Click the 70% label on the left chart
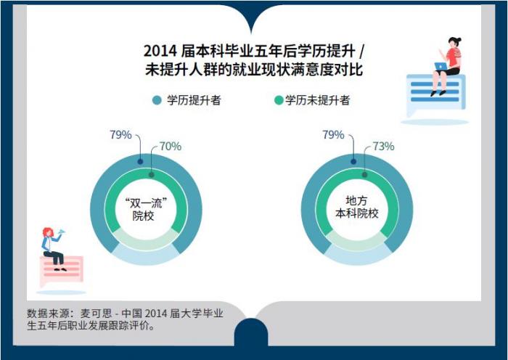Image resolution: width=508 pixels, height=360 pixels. [x=171, y=147]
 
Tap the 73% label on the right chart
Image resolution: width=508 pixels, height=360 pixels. [x=383, y=147]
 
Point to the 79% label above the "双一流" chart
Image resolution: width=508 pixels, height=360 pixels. [x=120, y=134]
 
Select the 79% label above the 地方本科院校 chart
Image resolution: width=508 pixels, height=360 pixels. [x=333, y=134]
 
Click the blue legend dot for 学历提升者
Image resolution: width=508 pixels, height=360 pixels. [x=157, y=100]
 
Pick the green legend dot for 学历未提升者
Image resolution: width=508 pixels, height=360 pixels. [x=279, y=100]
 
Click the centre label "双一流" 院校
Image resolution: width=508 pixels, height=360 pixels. [x=146, y=210]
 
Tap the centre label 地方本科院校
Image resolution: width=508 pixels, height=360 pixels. [x=357, y=208]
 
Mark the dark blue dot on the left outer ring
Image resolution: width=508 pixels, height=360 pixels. [x=140, y=161]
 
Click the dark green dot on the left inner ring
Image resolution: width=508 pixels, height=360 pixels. [x=151, y=175]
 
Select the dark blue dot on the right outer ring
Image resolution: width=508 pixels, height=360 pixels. [x=353, y=161]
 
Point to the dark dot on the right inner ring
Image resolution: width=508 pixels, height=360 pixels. [x=364, y=175]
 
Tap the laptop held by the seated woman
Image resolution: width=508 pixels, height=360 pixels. [x=441, y=66]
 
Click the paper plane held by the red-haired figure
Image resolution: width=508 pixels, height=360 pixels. [x=61, y=232]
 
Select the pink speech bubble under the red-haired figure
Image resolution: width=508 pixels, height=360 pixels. [x=62, y=271]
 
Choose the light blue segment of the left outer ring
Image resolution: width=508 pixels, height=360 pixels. [x=146, y=257]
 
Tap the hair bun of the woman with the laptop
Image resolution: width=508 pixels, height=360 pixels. [x=459, y=40]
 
